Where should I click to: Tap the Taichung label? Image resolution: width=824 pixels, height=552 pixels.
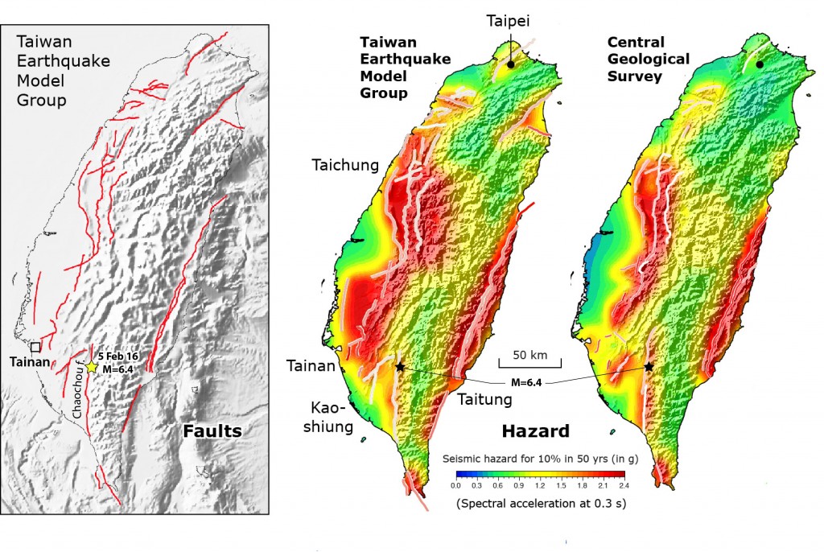[x=345, y=166]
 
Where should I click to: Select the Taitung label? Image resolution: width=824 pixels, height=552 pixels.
[x=483, y=398]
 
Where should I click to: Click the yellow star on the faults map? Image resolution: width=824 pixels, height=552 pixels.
[x=92, y=367]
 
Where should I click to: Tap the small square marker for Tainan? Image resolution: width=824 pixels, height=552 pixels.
[x=35, y=348]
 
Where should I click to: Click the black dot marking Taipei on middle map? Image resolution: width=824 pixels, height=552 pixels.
[x=511, y=64]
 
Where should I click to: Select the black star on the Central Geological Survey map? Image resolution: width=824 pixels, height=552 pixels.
[x=649, y=367]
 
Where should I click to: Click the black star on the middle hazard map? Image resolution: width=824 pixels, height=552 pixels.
[x=400, y=367]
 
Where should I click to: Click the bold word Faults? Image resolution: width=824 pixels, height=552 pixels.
[x=212, y=431]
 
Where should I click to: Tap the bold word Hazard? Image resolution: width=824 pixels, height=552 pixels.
[x=536, y=430]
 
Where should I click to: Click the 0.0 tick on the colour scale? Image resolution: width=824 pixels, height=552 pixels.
[x=455, y=486]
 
